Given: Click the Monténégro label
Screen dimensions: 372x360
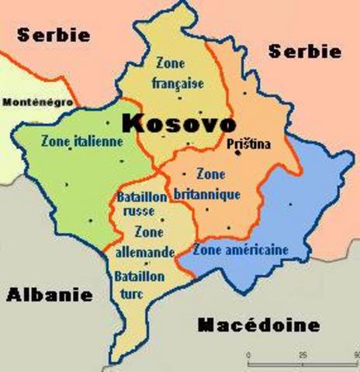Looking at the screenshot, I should point(38,102).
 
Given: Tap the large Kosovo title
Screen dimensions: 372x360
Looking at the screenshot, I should point(178,123).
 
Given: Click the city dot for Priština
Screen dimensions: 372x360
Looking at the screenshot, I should point(238,153).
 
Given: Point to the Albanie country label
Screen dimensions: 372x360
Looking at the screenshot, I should point(49,294).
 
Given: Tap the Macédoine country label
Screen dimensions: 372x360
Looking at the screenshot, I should point(258,324).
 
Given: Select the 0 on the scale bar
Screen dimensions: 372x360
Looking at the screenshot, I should point(249,354).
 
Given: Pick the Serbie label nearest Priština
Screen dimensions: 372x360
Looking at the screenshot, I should point(304,51).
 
